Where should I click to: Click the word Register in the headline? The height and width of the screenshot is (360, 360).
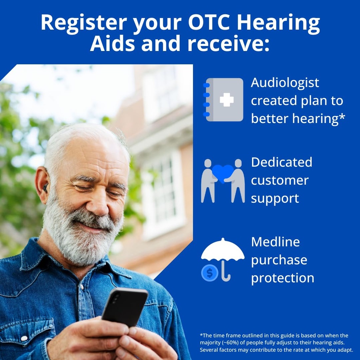82,23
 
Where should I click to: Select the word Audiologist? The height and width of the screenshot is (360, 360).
285,83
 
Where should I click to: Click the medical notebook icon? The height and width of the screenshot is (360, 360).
224,100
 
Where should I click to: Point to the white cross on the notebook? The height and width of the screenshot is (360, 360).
227,100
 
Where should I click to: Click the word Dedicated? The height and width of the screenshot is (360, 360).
282,162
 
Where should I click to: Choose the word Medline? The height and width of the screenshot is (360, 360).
275,242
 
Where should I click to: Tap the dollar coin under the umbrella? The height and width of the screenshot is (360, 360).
210,273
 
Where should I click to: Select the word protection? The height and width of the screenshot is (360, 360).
283,278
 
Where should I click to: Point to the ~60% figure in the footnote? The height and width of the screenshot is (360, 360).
232,343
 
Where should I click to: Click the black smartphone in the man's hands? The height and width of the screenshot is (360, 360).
124,306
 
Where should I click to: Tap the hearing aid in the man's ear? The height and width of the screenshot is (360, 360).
45,188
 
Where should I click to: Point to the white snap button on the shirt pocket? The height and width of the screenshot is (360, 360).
24,338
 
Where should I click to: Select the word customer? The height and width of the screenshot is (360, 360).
279,180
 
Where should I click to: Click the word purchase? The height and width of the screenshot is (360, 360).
279,260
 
